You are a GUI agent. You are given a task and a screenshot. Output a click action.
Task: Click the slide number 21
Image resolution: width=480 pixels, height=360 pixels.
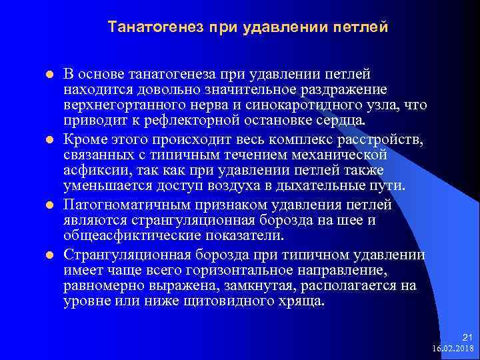click(466, 339)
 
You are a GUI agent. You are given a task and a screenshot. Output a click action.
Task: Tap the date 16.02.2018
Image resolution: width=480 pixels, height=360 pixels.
click(453, 349)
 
